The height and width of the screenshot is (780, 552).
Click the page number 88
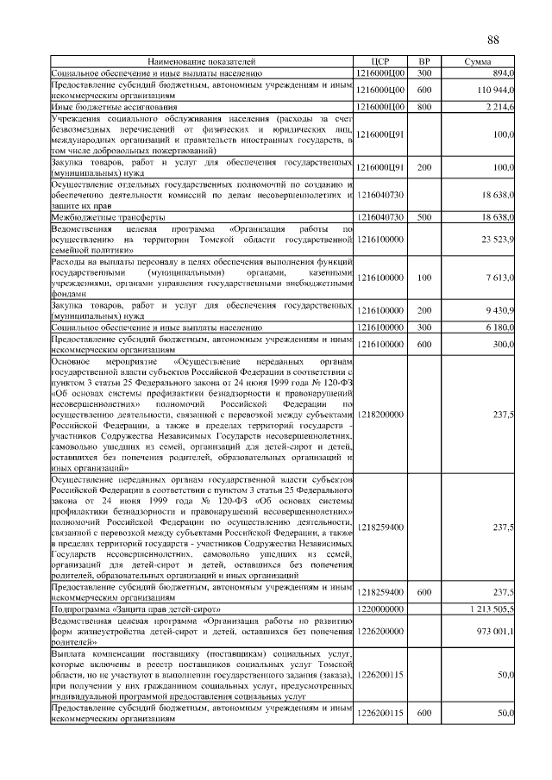tap(493, 41)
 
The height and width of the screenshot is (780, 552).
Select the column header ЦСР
tap(380, 63)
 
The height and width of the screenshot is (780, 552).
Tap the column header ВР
tap(423, 63)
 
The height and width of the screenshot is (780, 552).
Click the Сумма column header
tap(478, 63)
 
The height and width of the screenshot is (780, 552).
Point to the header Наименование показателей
tap(202, 63)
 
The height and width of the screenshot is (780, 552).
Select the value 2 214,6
tap(499, 106)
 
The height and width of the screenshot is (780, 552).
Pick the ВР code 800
tap(423, 106)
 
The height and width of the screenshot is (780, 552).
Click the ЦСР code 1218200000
tap(380, 415)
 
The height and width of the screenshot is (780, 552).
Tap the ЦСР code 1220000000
tap(380, 608)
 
